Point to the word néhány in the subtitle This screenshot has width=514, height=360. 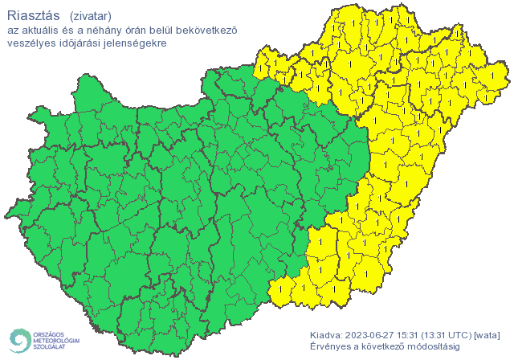(x=100, y=31)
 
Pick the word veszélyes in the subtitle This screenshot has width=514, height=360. (x=30, y=43)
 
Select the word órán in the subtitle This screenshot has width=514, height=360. (x=135, y=31)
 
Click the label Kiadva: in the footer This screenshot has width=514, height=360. (x=326, y=334)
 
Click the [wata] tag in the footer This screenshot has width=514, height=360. (x=488, y=334)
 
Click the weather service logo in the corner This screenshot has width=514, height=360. (x=44, y=339)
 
